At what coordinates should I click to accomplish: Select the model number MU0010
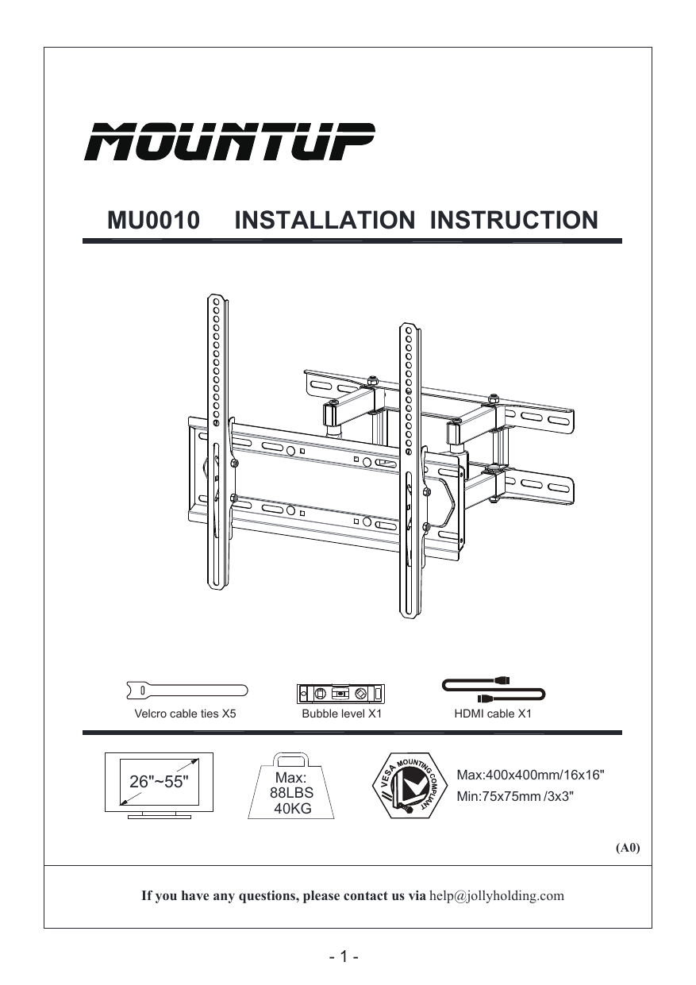[153, 220]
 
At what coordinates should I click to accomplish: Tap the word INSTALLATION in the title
[325, 220]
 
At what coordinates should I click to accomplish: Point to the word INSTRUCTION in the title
[513, 220]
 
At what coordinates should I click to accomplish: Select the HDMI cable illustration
[492, 689]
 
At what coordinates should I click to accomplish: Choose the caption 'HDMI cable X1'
[492, 714]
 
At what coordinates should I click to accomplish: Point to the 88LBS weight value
[291, 793]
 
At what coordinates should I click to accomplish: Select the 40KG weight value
[291, 808]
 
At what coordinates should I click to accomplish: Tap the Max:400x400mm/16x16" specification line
[532, 773]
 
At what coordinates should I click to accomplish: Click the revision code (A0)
[628, 848]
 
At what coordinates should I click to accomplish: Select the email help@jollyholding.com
[497, 896]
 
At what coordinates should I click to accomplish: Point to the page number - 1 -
[344, 956]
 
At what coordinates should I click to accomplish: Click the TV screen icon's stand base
[159, 815]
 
